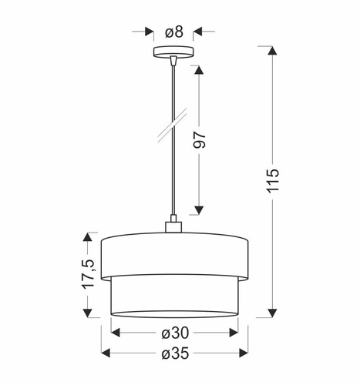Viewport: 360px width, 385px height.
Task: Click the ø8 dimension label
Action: tap(174, 32)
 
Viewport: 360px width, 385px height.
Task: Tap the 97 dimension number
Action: tap(199, 139)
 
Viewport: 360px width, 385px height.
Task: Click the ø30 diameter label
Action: tap(174, 333)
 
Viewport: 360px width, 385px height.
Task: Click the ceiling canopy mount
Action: tap(173, 53)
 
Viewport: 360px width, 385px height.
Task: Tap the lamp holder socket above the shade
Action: tap(173, 226)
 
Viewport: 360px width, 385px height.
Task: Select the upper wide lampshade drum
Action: tap(174, 253)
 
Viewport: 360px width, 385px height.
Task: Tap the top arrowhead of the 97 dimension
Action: tap(198, 70)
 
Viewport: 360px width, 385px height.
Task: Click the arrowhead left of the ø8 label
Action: tap(149, 32)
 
